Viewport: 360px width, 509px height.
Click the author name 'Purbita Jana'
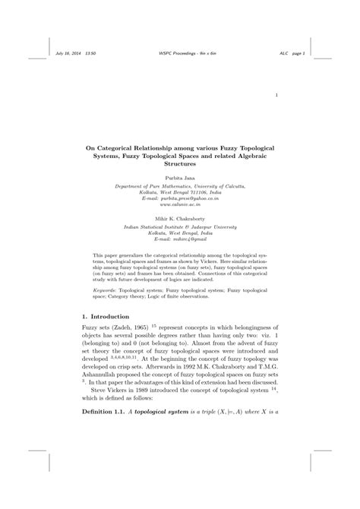pos(180,175)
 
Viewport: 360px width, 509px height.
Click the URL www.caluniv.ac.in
pos(179,204)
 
